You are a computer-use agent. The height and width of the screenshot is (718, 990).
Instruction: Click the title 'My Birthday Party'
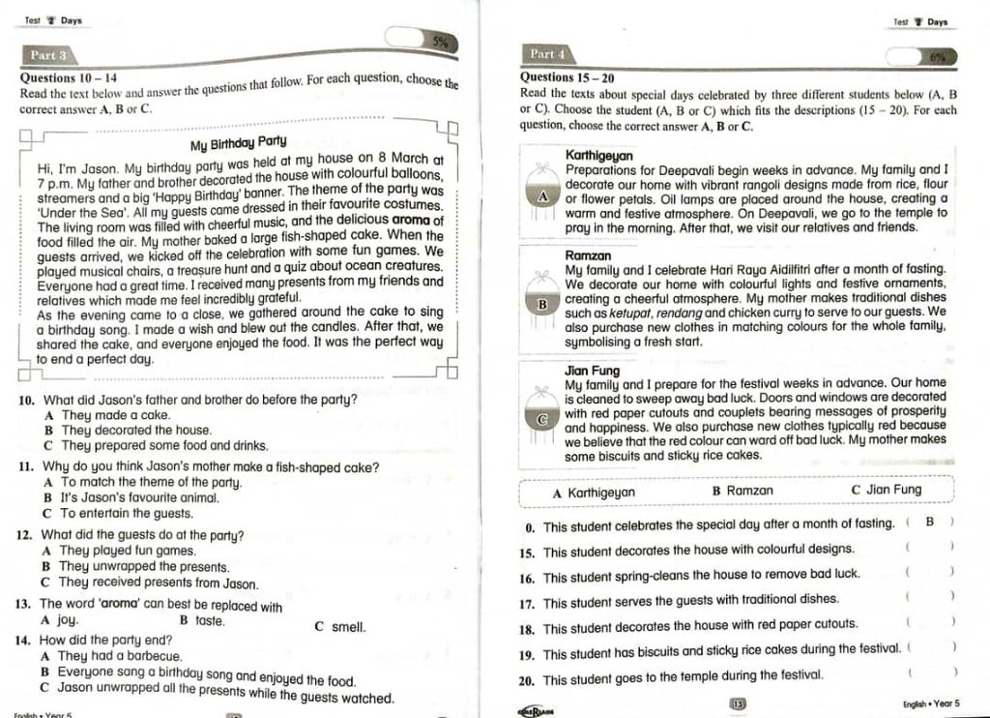pos(238,145)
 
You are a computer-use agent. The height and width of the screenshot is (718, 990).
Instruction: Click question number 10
pos(27,400)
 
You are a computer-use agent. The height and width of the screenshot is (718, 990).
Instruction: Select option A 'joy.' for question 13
pos(60,619)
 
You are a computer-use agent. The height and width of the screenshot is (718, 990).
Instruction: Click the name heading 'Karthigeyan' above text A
pos(599,155)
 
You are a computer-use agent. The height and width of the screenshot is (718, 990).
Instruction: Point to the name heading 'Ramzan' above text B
pos(587,255)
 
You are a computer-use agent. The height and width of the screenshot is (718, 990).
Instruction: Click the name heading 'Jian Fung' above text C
pos(592,371)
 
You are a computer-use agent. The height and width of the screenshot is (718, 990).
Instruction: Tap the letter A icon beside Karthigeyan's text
pos(543,195)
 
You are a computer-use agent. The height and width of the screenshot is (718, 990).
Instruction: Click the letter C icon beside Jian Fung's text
pos(543,420)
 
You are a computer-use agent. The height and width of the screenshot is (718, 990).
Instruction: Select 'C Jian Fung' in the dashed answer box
pos(887,491)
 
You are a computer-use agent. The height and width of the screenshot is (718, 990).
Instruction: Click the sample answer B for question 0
pos(929,524)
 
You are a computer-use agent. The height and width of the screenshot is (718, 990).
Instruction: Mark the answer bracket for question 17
pos(929,600)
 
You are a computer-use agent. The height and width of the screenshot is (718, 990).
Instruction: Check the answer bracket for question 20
pos(930,673)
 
